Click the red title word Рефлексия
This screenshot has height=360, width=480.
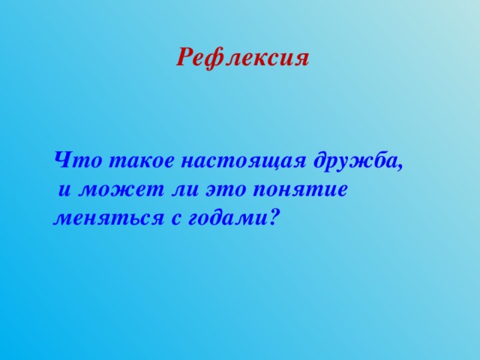click(242, 58)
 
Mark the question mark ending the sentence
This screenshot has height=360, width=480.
click(275, 217)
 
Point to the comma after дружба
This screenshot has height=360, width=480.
click(402, 166)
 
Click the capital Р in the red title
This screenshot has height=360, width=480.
click(184, 58)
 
